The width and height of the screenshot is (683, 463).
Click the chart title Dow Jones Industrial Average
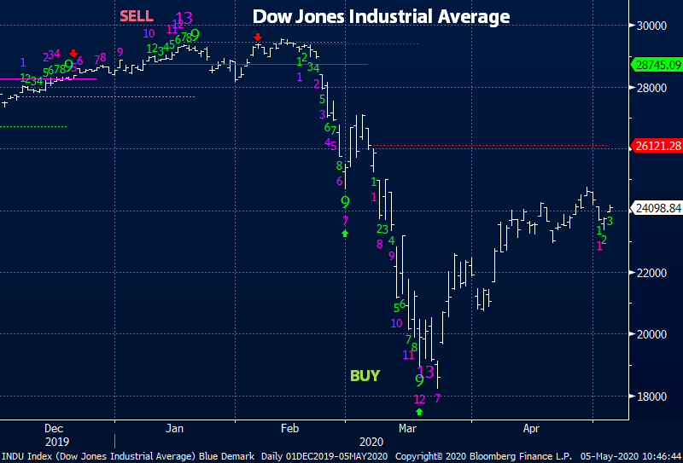click(380, 17)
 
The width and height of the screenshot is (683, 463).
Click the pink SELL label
click(137, 16)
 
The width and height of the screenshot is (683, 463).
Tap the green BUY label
click(365, 376)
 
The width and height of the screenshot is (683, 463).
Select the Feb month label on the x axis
click(289, 429)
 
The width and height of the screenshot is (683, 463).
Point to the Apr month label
click(531, 429)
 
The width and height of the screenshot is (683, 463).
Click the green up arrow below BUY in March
click(418, 413)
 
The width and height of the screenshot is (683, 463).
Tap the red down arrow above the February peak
click(257, 38)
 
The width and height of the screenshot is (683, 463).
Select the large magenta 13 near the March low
click(426, 371)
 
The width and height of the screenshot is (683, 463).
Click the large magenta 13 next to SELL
click(184, 18)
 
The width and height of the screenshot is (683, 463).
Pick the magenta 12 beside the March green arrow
click(419, 399)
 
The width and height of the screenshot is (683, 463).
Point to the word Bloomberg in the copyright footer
click(494, 456)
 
